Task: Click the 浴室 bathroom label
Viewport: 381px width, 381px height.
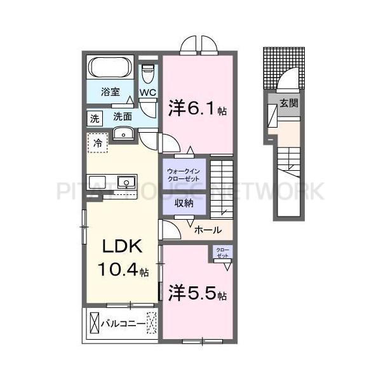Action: coord(110,91)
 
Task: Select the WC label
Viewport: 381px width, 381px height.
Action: coord(147,93)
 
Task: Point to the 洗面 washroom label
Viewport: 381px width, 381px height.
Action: coord(123,117)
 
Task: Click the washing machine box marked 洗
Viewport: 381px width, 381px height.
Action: coord(94,117)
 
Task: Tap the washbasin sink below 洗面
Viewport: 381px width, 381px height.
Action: coord(123,133)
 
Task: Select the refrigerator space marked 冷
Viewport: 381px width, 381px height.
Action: coord(97,144)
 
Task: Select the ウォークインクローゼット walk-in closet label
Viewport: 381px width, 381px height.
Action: coord(184,175)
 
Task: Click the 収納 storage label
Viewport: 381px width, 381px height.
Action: coord(184,205)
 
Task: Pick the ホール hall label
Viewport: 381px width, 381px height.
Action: coord(207,230)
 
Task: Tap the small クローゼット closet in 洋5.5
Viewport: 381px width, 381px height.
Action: coord(223,252)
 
